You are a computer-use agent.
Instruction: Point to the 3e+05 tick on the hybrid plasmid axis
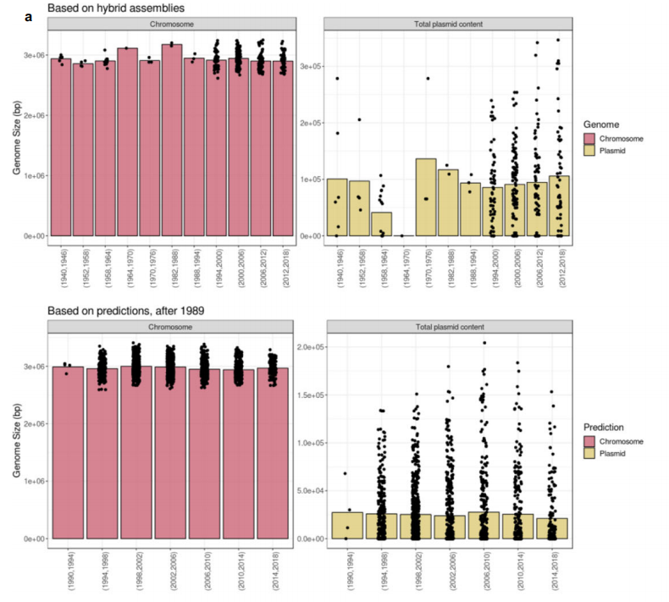pos(311,66)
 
